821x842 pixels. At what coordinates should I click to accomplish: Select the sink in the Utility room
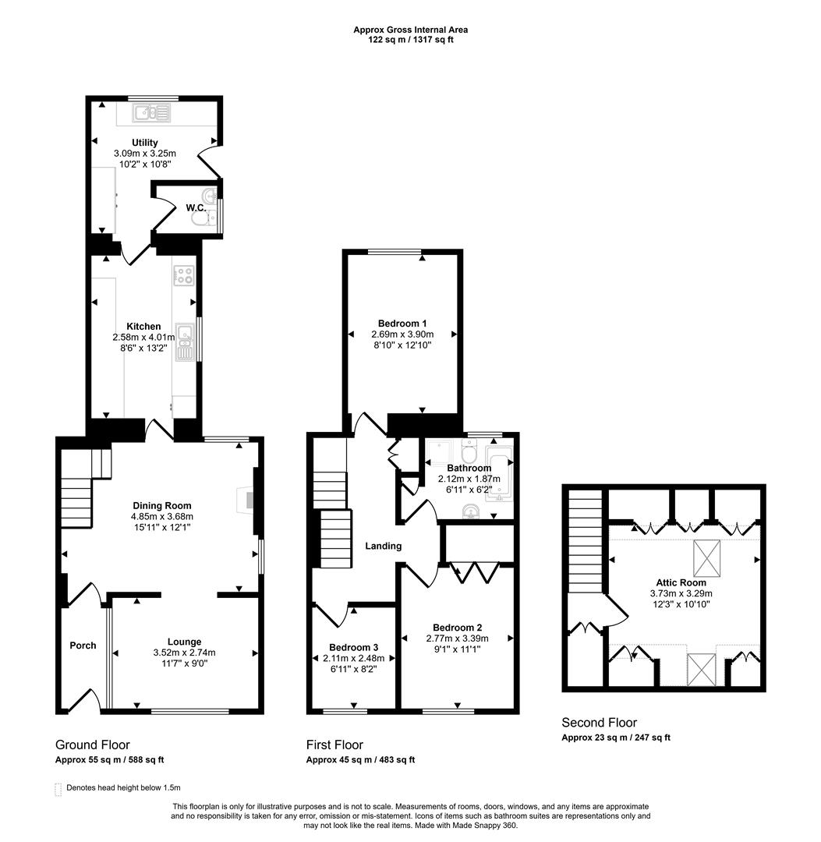(153, 114)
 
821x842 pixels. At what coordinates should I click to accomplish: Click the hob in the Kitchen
(185, 275)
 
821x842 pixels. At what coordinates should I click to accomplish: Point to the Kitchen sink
(185, 344)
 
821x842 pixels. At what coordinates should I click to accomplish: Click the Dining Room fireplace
(248, 499)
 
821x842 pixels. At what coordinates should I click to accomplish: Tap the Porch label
(83, 646)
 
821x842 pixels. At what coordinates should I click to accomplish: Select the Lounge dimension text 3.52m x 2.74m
(184, 653)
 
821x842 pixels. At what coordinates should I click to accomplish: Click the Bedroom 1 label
(402, 324)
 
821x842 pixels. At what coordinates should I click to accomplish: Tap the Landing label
(384, 547)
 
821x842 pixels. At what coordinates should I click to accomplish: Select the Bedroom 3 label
(353, 648)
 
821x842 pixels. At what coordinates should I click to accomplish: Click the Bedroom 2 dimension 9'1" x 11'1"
(458, 649)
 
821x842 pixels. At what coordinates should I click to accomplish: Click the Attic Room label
(681, 582)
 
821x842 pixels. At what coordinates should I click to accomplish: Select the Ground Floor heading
(93, 745)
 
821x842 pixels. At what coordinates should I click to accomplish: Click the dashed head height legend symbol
(58, 788)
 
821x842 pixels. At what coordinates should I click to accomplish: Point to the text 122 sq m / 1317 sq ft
(411, 40)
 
